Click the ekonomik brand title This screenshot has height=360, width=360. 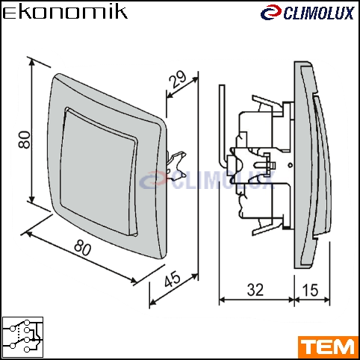(65, 13)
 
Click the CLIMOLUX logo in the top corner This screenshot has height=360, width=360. (307, 13)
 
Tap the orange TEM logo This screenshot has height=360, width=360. (328, 347)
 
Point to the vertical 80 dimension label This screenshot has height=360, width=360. (25, 140)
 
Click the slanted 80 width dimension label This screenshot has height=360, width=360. (83, 247)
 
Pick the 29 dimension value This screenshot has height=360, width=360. (178, 79)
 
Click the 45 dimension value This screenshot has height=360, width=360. (173, 279)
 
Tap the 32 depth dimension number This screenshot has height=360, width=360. (255, 290)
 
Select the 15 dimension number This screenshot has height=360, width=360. (310, 290)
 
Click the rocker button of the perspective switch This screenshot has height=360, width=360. (99, 172)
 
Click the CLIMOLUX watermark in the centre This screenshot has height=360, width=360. (207, 180)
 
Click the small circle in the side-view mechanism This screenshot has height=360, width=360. (290, 165)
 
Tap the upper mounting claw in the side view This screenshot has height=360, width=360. (267, 105)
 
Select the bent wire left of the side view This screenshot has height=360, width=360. (222, 125)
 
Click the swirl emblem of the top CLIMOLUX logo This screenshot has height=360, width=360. (271, 13)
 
